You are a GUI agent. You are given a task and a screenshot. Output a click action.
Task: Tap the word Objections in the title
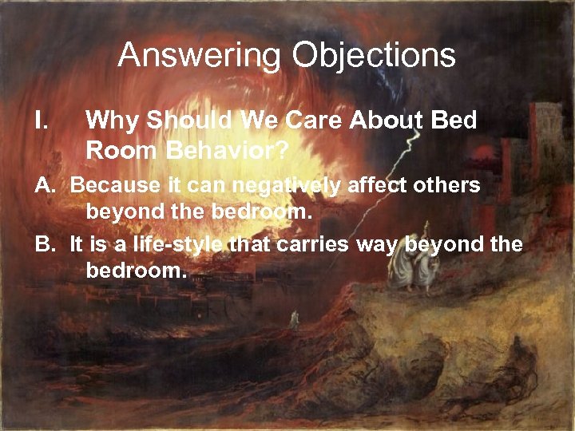[374, 57]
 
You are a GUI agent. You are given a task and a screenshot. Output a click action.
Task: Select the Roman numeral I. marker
[43, 121]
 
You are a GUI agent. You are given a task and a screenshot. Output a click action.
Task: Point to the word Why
[111, 121]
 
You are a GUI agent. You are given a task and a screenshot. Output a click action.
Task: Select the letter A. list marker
[46, 185]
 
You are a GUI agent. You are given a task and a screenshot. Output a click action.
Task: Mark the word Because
[111, 185]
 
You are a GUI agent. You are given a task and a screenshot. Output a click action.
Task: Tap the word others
[450, 185]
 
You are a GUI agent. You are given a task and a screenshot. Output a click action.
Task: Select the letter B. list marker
[46, 244]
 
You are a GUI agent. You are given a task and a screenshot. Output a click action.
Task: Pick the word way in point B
[375, 244]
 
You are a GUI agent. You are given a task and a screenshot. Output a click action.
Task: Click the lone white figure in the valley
[295, 317]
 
